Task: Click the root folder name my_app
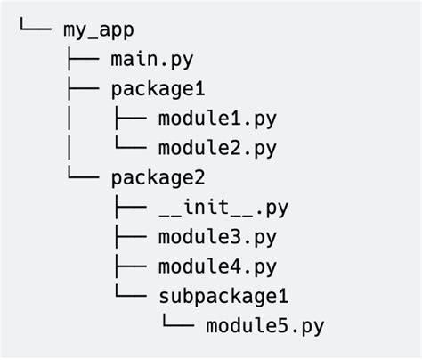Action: (99, 31)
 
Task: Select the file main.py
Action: (152, 61)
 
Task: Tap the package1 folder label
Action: (158, 90)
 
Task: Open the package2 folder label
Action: (158, 178)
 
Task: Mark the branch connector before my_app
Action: (36, 29)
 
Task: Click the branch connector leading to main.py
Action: (82, 61)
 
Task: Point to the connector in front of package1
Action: (82, 90)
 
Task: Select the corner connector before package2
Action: (82, 176)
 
